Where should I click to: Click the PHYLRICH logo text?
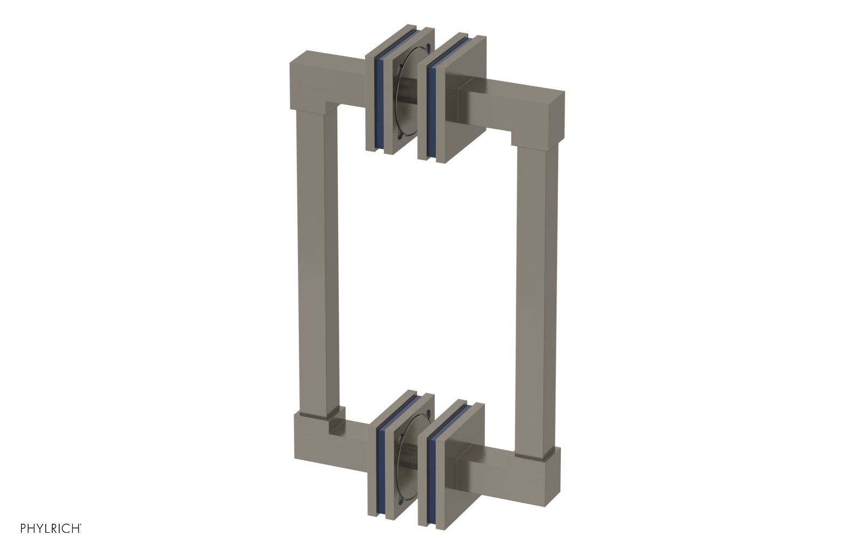51,529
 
